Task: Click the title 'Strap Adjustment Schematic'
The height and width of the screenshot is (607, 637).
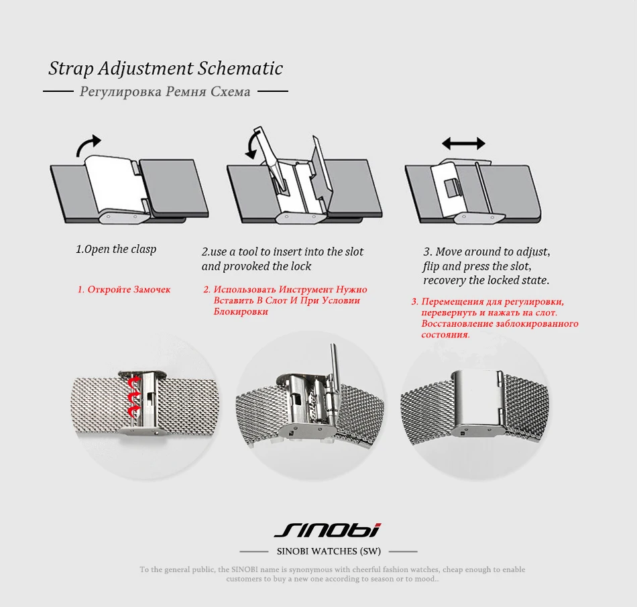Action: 166,68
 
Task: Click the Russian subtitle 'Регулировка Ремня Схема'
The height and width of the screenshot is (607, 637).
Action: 165,91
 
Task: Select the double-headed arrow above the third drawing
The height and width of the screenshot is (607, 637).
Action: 463,143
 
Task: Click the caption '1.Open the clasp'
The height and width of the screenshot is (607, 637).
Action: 116,249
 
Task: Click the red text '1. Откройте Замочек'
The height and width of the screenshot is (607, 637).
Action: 124,290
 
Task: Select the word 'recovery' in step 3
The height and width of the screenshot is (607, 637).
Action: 447,280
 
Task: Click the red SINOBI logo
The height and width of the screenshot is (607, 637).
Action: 327,531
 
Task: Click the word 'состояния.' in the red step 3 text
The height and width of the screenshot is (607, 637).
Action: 446,334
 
